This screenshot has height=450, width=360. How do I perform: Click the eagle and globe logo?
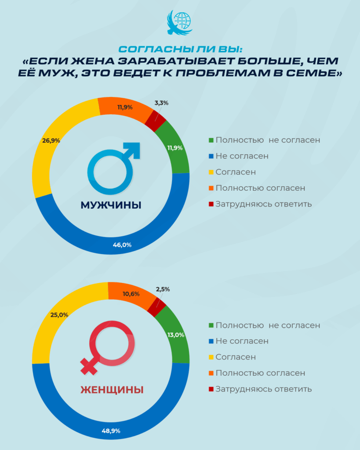click(179, 22)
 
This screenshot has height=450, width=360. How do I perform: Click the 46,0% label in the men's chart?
click(122, 245)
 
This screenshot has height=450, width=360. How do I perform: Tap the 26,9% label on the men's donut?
click(51, 141)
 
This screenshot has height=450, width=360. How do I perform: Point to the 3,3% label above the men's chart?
click(161, 103)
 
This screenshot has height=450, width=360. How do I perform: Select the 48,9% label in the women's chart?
click(111, 431)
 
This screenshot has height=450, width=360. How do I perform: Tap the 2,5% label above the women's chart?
click(163, 289)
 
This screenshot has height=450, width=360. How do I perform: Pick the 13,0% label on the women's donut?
click(175, 334)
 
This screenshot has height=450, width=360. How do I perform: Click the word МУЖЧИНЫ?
click(111, 205)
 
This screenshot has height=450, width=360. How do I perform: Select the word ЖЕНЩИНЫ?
click(112, 390)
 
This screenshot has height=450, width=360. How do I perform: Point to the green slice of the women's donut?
click(173, 334)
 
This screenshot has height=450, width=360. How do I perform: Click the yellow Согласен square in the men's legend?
click(211, 172)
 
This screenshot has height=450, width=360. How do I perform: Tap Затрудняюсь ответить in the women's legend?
click(263, 389)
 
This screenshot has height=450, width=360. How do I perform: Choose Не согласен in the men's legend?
click(242, 156)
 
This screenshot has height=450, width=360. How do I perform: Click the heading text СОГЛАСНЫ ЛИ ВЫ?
click(179, 48)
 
